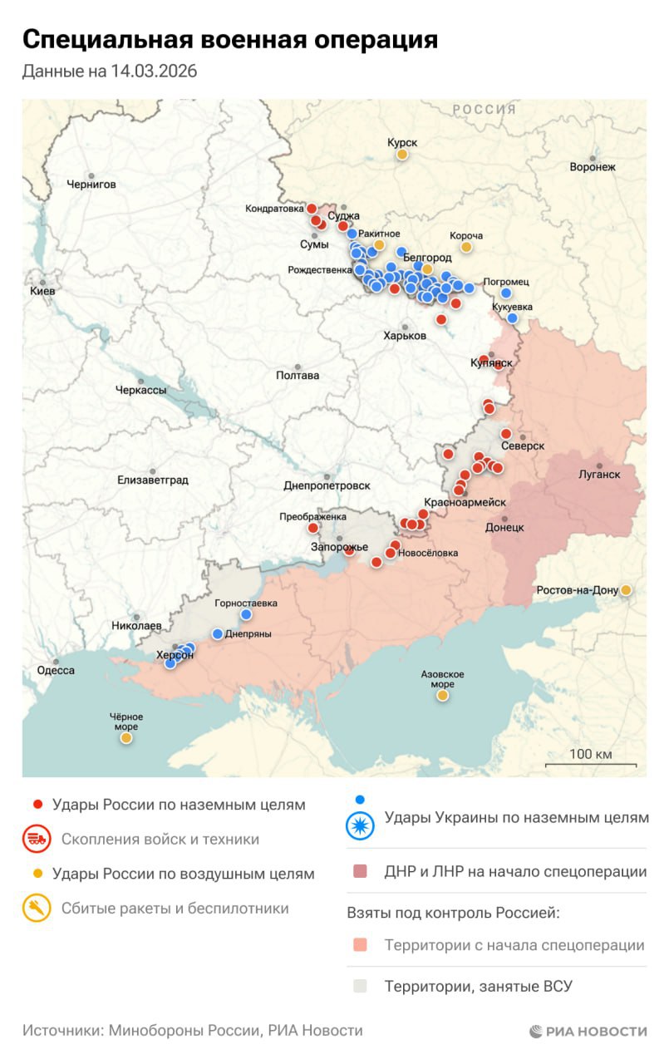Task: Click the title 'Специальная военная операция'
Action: tap(229, 39)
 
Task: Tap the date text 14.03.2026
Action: tap(155, 71)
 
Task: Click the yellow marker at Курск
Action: tap(402, 155)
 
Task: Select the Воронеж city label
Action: tap(593, 166)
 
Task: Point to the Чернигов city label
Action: tap(91, 184)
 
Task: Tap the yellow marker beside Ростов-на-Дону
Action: tap(626, 590)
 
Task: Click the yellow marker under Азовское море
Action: tap(442, 695)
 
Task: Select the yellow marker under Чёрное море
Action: tap(126, 737)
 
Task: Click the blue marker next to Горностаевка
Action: tap(246, 614)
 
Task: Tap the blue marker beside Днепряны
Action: tap(218, 633)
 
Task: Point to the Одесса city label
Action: tap(56, 670)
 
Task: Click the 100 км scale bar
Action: tap(591, 764)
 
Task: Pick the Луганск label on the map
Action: tap(599, 475)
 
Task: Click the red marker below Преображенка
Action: tap(313, 528)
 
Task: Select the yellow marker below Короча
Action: tap(466, 247)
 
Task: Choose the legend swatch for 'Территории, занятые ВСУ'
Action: tap(360, 987)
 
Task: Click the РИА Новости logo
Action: tap(588, 1032)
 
